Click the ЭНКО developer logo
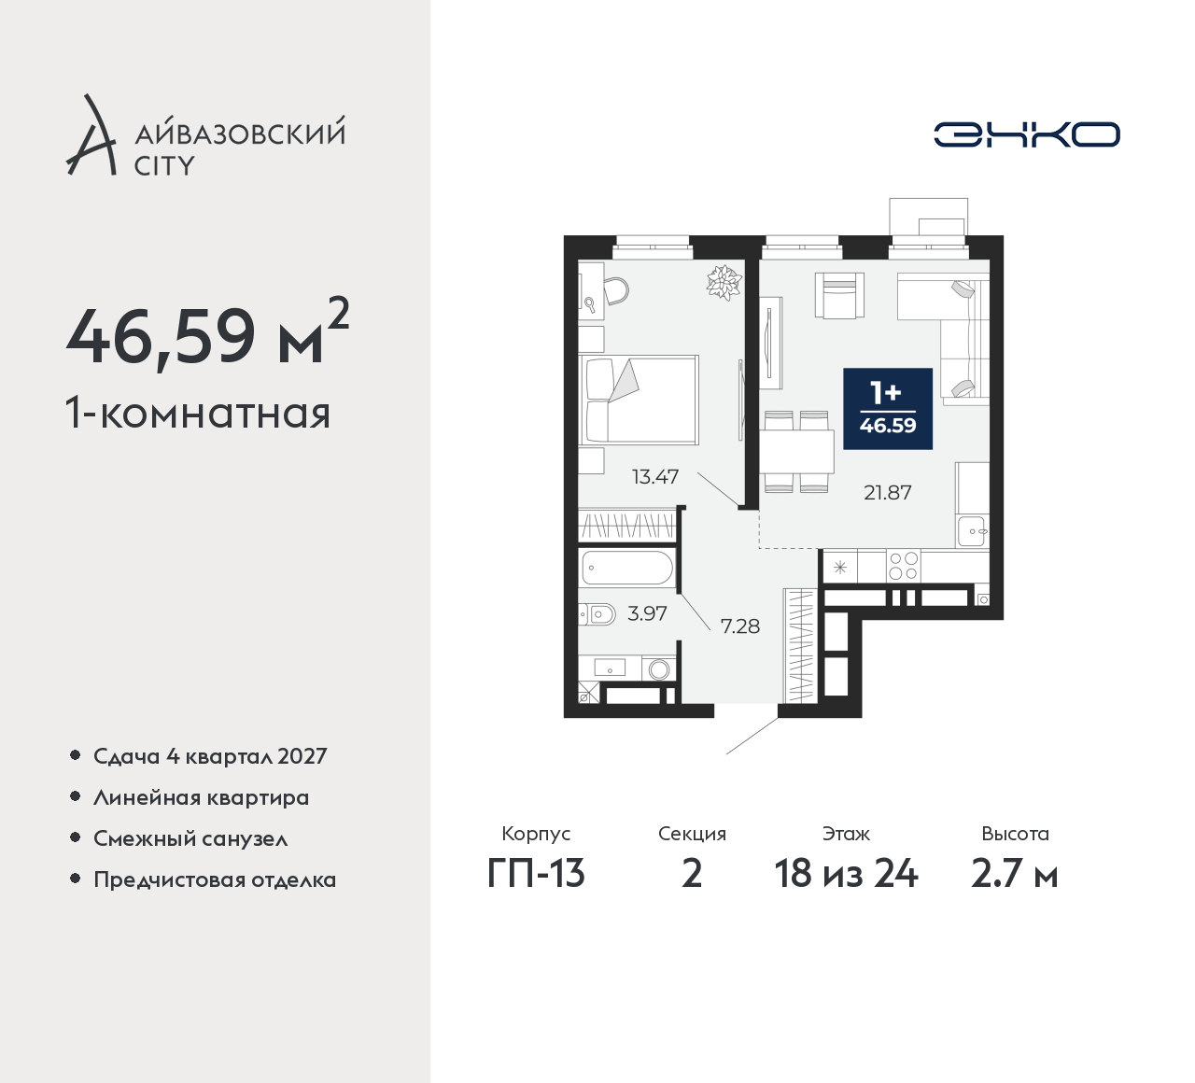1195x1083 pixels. click(1026, 134)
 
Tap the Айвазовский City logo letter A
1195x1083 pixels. click(91, 134)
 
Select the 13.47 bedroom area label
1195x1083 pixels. click(655, 476)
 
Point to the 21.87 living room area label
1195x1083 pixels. click(888, 493)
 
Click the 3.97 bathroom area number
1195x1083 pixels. click(647, 613)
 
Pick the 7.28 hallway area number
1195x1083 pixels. click(740, 626)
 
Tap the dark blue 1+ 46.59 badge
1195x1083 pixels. click(888, 409)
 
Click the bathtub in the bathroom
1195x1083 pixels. click(627, 567)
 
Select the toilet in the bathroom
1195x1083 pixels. click(597, 613)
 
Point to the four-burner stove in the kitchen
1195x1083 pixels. click(903, 566)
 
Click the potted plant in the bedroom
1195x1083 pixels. click(724, 282)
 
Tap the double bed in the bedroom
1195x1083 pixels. click(640, 400)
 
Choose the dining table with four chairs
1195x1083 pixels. click(796, 452)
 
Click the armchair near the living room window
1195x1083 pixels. click(839, 295)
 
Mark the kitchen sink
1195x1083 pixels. click(973, 531)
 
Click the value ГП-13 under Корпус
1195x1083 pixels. click(536, 874)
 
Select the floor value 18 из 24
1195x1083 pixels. click(846, 874)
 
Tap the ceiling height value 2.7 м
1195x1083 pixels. click(1015, 874)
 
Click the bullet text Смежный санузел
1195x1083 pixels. click(190, 838)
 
